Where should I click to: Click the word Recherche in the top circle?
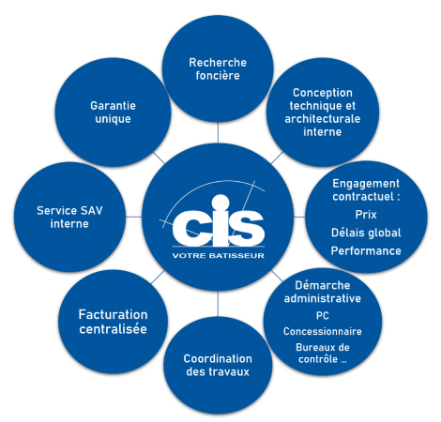point(218,63)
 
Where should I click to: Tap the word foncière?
point(218,75)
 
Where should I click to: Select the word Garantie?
point(113,106)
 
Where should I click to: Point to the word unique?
point(113,119)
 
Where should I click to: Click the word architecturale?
point(323,119)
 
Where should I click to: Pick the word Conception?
point(323,93)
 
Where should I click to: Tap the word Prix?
point(366,215)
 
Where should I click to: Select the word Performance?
point(366,250)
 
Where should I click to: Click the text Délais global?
point(366,233)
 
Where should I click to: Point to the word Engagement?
point(366,184)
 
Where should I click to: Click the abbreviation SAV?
point(91,211)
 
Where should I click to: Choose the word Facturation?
point(113,314)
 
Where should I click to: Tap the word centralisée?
point(113,329)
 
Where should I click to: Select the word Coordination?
point(218,358)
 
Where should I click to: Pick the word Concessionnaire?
point(323,331)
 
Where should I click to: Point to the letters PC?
point(323,316)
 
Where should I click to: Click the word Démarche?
point(323,285)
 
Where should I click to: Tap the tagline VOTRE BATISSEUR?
point(219,256)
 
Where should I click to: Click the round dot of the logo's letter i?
point(220,203)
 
